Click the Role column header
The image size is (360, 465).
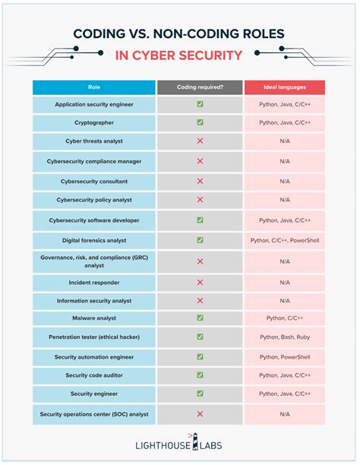pos(94,87)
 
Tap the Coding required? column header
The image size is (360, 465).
pos(200,87)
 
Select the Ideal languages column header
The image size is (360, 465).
pos(285,87)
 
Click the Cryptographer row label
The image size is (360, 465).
pos(94,123)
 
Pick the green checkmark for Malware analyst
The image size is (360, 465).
pos(201,318)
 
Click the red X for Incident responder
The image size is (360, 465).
pos(201,283)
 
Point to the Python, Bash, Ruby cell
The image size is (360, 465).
pos(285,337)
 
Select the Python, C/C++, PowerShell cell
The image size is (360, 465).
pos(285,241)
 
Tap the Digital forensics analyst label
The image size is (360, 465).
pos(94,241)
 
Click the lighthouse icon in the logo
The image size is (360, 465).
pos(195,441)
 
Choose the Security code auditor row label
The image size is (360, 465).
pos(94,375)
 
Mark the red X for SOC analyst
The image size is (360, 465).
pos(201,414)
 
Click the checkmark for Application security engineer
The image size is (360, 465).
pos(201,104)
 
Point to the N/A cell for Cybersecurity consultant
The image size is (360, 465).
pos(285,182)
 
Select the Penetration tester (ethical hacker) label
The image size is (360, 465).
pos(94,337)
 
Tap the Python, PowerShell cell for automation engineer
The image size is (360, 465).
pos(285,357)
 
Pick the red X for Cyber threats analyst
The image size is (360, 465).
pos(201,141)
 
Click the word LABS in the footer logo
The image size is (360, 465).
pos(211,445)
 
